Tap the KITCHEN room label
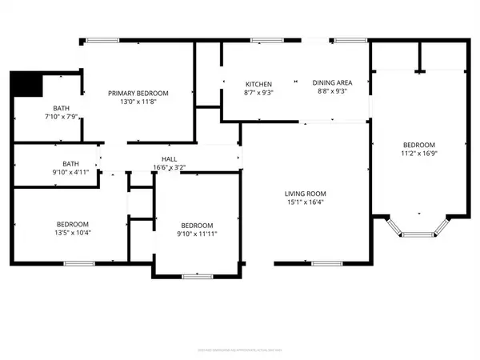click(258, 84)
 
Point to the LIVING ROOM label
click(306, 194)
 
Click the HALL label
click(169, 158)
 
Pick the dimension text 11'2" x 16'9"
click(419, 153)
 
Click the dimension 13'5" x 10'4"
click(72, 232)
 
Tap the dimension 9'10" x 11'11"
click(197, 234)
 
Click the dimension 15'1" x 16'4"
click(306, 202)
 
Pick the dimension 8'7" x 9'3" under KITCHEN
click(258, 93)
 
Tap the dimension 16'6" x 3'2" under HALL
click(169, 167)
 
